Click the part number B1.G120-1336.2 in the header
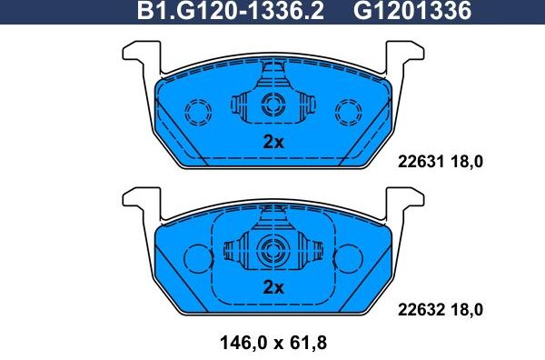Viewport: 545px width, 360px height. coord(230,12)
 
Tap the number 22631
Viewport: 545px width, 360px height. coord(421,164)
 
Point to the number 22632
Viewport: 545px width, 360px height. coord(421,309)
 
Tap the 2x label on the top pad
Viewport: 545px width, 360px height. coord(273,142)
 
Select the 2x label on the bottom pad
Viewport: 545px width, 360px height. coord(273,287)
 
